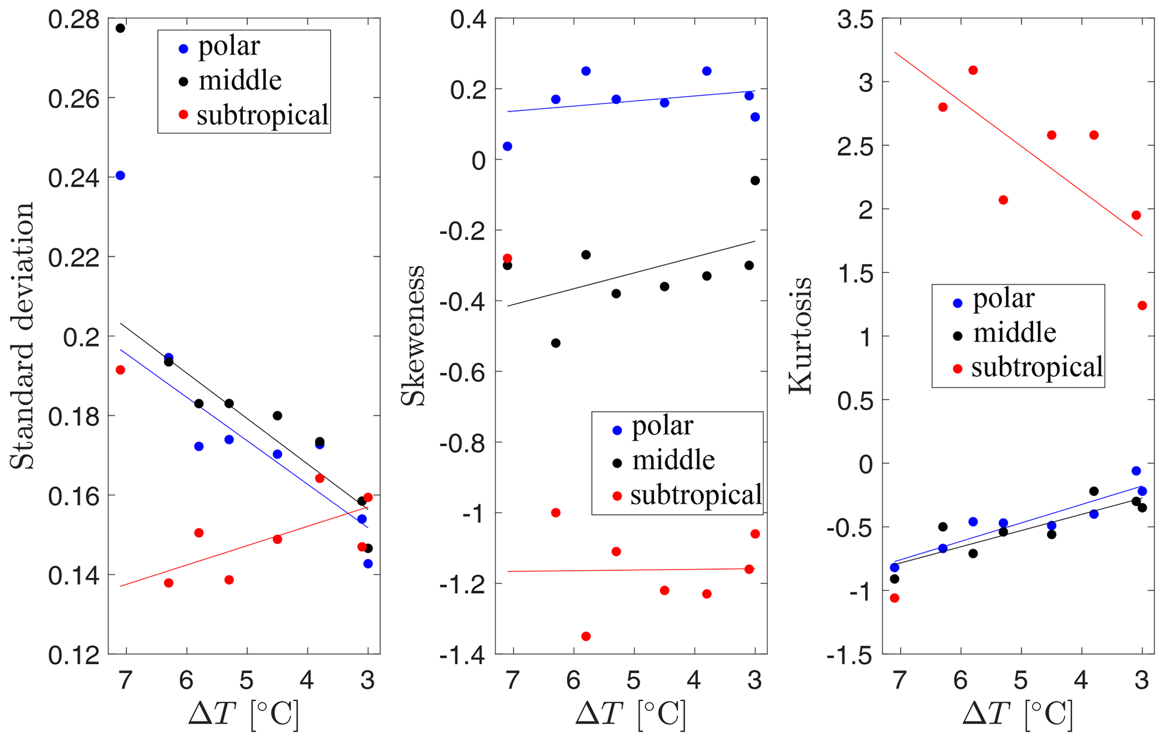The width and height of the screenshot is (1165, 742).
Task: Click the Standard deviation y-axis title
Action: coord(23,336)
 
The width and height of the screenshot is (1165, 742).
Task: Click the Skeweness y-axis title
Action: coord(413,336)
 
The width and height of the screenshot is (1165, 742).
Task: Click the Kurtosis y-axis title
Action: coord(800,336)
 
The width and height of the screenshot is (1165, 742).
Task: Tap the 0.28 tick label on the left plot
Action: coord(74,20)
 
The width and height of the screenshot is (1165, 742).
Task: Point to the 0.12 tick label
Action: coord(74,655)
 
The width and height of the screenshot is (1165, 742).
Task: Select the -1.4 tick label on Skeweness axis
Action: coord(462,655)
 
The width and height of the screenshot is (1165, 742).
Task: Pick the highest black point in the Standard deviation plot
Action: coord(120,28)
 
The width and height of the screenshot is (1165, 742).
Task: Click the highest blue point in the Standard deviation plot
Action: coord(120,176)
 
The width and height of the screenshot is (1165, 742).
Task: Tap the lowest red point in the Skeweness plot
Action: coord(586,636)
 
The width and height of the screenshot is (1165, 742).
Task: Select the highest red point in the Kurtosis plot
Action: coord(973,70)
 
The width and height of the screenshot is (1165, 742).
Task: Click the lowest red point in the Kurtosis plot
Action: coord(894,598)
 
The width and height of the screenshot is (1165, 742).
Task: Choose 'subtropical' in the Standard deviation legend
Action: coord(262,115)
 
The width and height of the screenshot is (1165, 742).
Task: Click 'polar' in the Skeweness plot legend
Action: coord(662,426)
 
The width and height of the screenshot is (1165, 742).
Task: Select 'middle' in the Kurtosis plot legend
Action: coord(1015,333)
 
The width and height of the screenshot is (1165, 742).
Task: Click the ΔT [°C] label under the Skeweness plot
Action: coord(631,714)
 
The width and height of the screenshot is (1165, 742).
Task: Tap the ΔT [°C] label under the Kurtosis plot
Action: coord(1018,714)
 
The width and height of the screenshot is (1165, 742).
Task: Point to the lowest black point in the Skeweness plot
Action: coord(556,343)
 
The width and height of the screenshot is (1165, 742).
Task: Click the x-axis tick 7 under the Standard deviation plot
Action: coord(125,681)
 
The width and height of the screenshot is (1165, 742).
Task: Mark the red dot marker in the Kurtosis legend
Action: coord(958,369)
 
